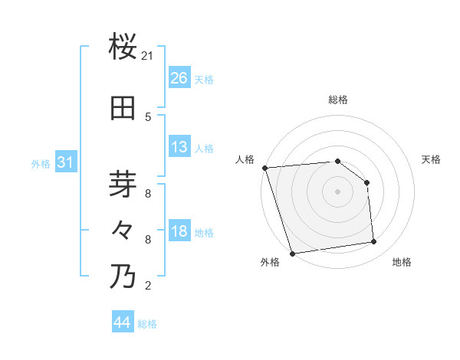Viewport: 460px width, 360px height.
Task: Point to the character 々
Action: (x=123, y=231)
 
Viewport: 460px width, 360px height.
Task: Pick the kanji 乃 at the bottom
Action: (x=123, y=276)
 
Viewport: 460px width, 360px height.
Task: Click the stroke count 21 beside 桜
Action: (x=148, y=56)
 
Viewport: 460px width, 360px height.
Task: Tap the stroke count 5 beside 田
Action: (x=148, y=117)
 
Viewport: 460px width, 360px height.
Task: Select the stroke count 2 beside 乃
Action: (x=148, y=286)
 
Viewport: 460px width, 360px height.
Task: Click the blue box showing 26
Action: (x=179, y=78)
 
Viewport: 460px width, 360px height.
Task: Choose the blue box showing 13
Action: (x=179, y=147)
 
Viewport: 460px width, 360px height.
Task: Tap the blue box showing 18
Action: (x=179, y=232)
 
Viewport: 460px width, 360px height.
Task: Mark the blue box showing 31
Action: (x=65, y=162)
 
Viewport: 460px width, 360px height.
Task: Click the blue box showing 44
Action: (x=123, y=322)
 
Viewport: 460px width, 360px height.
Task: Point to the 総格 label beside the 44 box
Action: (x=148, y=324)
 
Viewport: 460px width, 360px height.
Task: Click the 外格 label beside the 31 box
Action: (x=41, y=164)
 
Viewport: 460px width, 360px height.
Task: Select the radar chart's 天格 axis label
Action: (x=432, y=159)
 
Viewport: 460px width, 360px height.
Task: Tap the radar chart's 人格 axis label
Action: (x=245, y=159)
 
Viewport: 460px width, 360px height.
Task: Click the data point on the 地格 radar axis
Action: (x=374, y=242)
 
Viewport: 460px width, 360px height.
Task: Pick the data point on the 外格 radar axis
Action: (x=292, y=253)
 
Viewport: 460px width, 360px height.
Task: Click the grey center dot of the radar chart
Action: (x=337, y=191)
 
